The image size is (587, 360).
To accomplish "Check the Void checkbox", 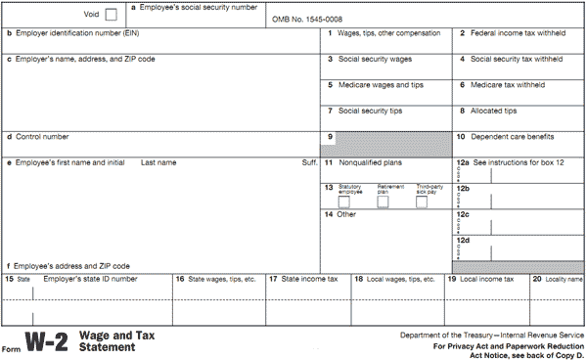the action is [111, 14].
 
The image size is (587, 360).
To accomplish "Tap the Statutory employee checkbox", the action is [343, 202].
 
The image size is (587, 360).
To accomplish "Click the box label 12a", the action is [463, 161].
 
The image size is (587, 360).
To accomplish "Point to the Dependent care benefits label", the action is [518, 136].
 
